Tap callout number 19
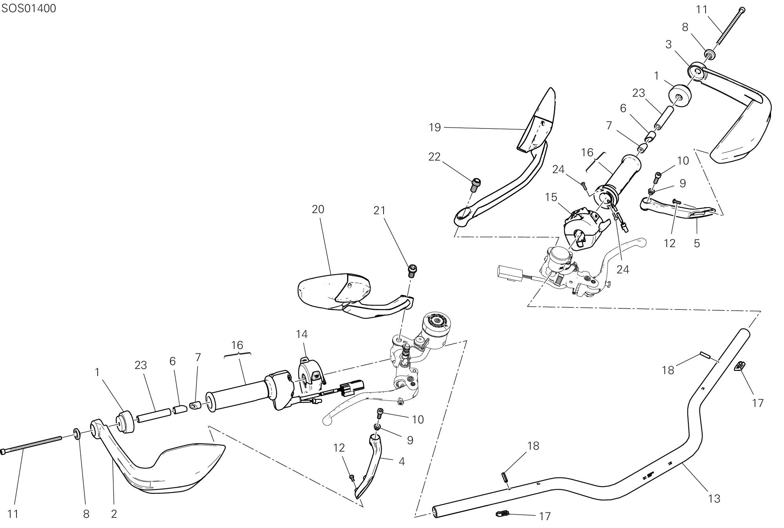(x=435, y=128)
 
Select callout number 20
(x=318, y=210)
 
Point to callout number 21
(x=379, y=211)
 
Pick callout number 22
(x=435, y=157)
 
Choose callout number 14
(x=302, y=335)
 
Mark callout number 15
(x=551, y=197)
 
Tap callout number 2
(x=114, y=514)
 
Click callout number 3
(x=669, y=45)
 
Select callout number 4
(x=402, y=461)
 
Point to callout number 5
(x=697, y=243)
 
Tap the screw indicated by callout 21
(x=412, y=270)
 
